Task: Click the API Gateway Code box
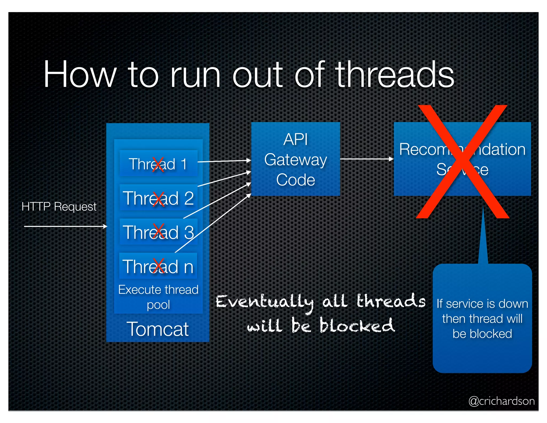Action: click(295, 159)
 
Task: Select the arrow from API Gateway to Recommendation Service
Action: click(366, 159)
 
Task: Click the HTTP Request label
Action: click(59, 207)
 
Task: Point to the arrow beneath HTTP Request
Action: click(65, 226)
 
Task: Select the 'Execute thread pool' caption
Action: click(158, 297)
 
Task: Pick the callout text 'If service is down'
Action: click(482, 304)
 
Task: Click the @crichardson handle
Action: click(501, 401)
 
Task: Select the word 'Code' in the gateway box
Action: click(295, 180)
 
